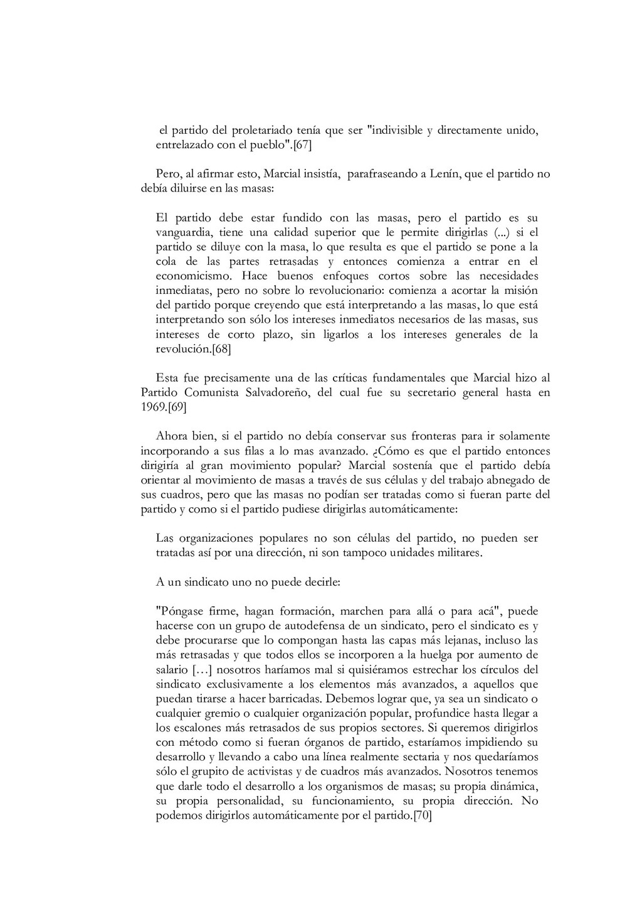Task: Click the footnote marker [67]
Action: coord(303,146)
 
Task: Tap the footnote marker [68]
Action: coord(221,349)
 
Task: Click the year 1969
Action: coord(153,407)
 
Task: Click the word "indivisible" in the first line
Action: coord(394,131)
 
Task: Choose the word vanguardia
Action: coord(184,233)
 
